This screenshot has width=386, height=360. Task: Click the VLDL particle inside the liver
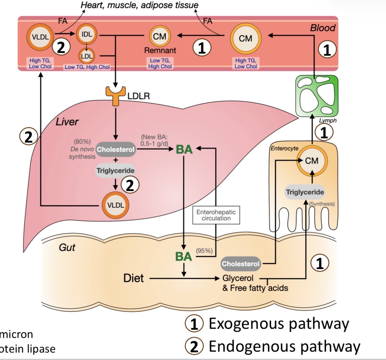(x=116, y=205)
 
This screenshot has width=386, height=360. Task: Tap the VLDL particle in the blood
(x=40, y=37)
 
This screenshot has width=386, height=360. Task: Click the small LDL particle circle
(x=87, y=56)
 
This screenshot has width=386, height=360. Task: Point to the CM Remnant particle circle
(x=160, y=36)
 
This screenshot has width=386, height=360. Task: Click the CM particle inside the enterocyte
(x=312, y=160)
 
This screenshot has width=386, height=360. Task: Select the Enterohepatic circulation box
(x=216, y=215)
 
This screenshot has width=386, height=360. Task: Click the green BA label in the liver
(x=184, y=149)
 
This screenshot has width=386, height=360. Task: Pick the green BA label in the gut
(x=183, y=257)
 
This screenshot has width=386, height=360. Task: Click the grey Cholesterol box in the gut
(x=241, y=264)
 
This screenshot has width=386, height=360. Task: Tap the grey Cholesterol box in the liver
(x=115, y=149)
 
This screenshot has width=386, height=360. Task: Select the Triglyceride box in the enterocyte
(x=305, y=192)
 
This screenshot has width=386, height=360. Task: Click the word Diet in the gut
(x=134, y=278)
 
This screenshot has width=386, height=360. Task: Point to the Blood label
(x=322, y=28)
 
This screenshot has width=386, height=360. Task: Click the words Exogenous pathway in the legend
(x=279, y=324)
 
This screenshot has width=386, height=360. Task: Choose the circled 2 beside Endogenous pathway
(x=194, y=347)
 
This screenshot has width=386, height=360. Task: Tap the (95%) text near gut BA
(x=204, y=251)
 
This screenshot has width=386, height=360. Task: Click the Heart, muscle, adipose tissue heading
(x=139, y=5)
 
